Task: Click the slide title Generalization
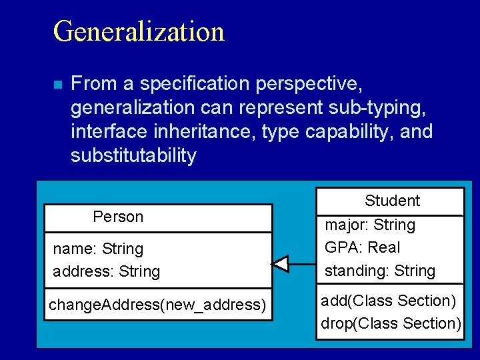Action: point(139,31)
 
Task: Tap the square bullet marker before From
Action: point(57,85)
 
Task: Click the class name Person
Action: point(118,217)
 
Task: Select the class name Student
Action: point(392,201)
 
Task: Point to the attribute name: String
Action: point(98,249)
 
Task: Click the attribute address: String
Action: point(107,271)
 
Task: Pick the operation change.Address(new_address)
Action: point(157,305)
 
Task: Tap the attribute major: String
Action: point(370,225)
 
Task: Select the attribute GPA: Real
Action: point(362,247)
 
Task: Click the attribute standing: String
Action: point(379,271)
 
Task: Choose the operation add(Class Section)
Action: point(389,301)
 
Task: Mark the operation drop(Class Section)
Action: point(391,323)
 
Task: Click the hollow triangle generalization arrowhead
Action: point(281,264)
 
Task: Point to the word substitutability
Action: point(133,156)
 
